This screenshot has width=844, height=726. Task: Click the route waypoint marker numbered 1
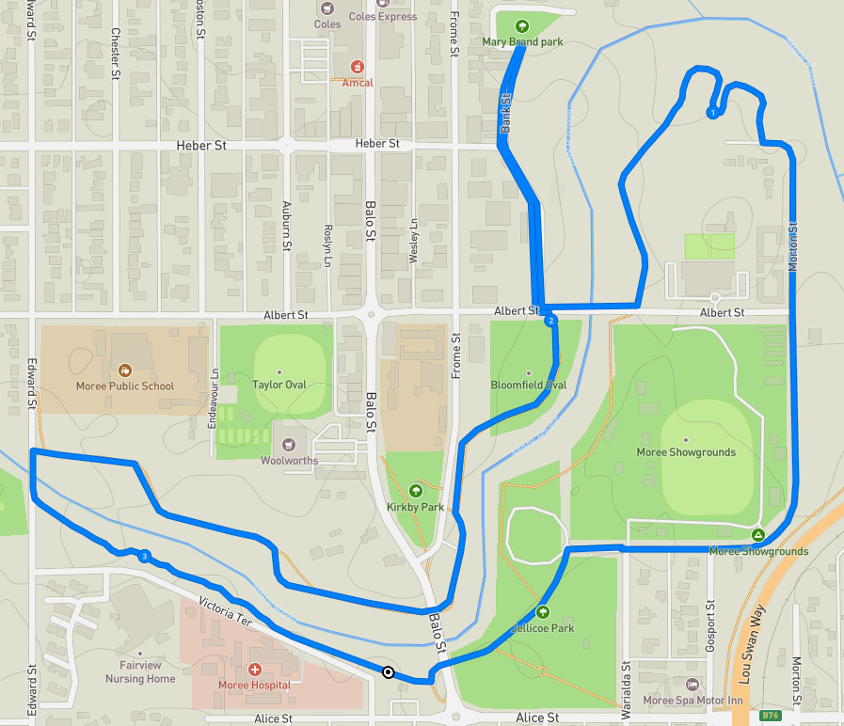712,113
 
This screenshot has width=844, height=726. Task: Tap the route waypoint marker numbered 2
550,321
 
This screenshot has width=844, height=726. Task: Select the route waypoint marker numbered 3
144,557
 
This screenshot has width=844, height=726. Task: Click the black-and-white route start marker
388,671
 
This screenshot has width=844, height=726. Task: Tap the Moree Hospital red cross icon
254,670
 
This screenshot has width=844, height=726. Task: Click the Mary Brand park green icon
522,27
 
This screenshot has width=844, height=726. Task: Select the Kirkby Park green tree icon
416,490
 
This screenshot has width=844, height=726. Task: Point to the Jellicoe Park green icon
542,611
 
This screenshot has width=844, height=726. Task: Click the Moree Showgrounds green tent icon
757,536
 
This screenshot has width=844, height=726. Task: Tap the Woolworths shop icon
289,444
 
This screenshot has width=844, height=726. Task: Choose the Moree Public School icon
125,370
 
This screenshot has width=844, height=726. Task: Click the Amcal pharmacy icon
357,67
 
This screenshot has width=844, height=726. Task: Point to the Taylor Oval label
280,385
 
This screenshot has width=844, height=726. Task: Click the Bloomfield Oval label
528,385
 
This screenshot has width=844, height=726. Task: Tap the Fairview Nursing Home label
140,671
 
